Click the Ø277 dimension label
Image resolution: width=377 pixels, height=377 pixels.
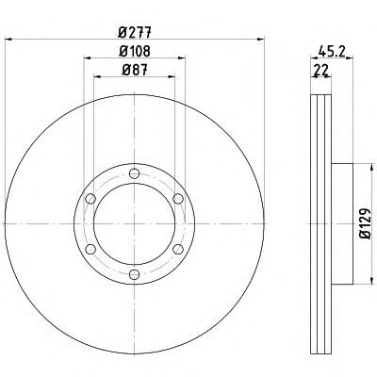[135, 32]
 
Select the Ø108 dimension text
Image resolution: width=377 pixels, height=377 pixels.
[135, 51]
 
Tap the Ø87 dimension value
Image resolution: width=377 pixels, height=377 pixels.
[135, 70]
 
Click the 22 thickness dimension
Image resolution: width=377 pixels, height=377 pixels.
[320, 70]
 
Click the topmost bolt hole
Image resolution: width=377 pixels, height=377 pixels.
[135, 173]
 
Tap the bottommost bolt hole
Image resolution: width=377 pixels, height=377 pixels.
[135, 274]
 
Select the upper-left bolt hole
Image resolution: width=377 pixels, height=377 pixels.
[90, 199]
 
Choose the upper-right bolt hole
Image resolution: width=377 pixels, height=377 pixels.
[178, 199]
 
